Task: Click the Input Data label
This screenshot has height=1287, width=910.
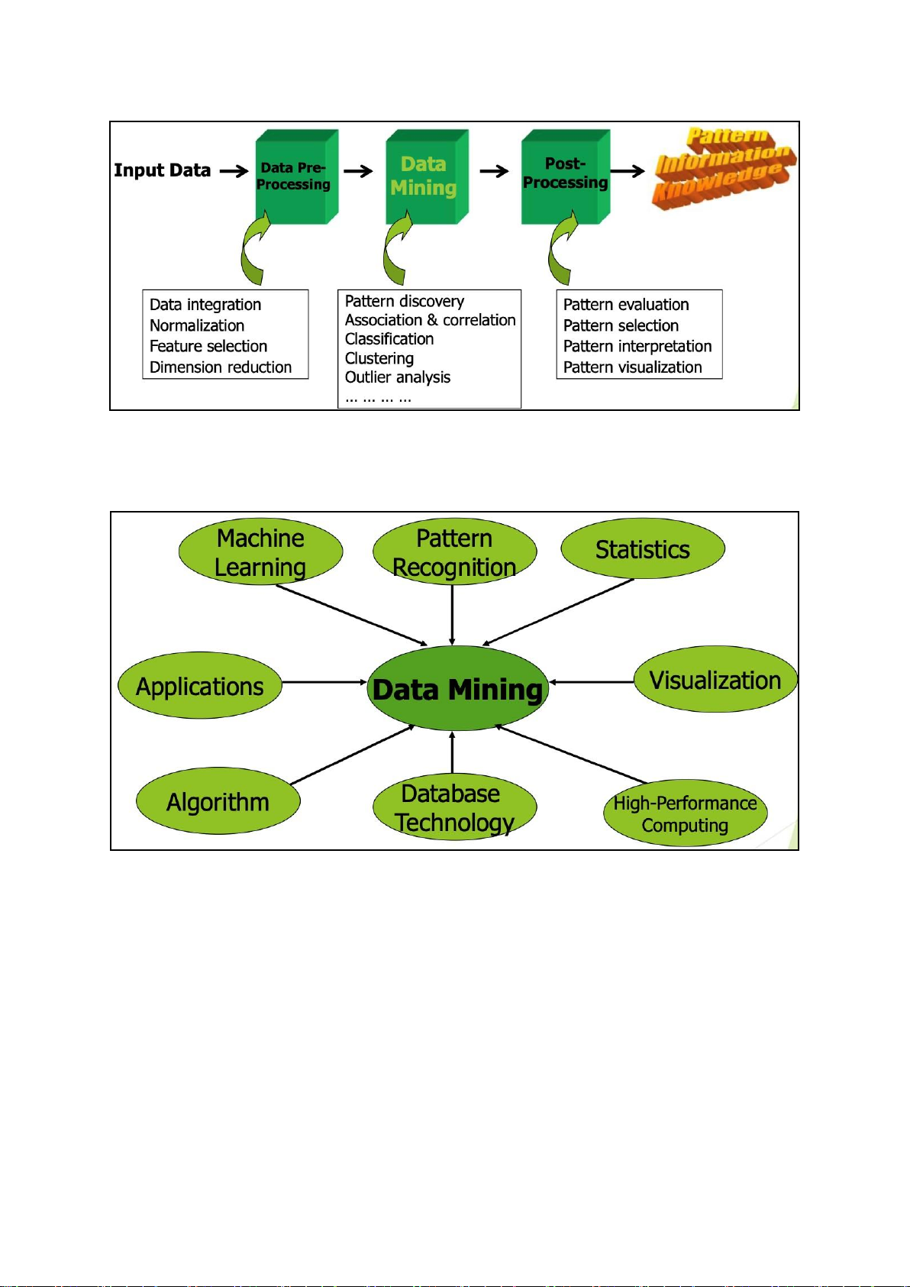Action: [162, 170]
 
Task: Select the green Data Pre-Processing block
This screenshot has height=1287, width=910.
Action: [294, 177]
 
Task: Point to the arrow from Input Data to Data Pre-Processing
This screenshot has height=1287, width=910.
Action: [234, 171]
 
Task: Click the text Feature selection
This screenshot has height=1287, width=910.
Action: [208, 346]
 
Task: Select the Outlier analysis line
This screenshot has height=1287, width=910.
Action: [398, 377]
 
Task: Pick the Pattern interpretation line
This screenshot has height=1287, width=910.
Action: [637, 346]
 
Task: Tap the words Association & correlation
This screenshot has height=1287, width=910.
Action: [430, 320]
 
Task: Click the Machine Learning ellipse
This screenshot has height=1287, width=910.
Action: [260, 552]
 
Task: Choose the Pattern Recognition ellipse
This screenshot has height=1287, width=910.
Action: [454, 552]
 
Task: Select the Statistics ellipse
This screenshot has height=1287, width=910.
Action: [642, 549]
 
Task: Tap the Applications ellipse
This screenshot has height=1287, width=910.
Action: [200, 686]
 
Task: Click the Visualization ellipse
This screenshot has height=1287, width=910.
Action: [715, 680]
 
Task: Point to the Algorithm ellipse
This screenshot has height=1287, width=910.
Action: [218, 801]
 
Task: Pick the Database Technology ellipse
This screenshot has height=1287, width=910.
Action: [454, 807]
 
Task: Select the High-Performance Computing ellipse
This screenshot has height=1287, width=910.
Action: [685, 813]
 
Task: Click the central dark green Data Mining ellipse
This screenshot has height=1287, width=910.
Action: [457, 689]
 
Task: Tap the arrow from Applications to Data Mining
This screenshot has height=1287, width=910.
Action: [324, 682]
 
